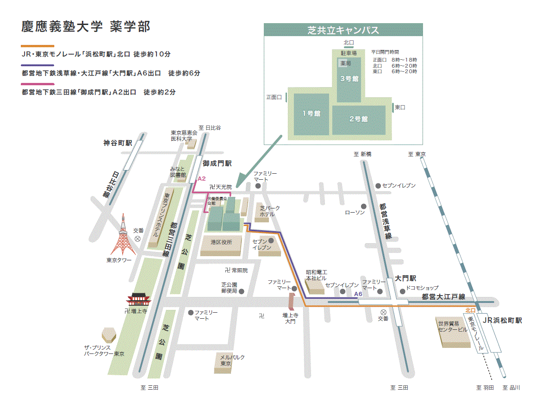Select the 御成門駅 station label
click(x=217, y=164)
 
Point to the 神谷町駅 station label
click(x=118, y=143)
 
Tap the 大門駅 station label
click(x=405, y=278)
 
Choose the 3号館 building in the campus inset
click(x=349, y=79)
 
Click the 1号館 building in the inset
click(x=311, y=113)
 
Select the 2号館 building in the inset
click(x=358, y=119)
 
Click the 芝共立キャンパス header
click(x=343, y=31)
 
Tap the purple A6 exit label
click(x=358, y=294)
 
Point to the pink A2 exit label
click(x=201, y=178)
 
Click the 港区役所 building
click(x=221, y=242)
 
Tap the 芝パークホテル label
click(x=269, y=211)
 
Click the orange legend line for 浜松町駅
click(x=37, y=46)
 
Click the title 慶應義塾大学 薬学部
click(x=86, y=26)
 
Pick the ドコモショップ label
click(x=422, y=288)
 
